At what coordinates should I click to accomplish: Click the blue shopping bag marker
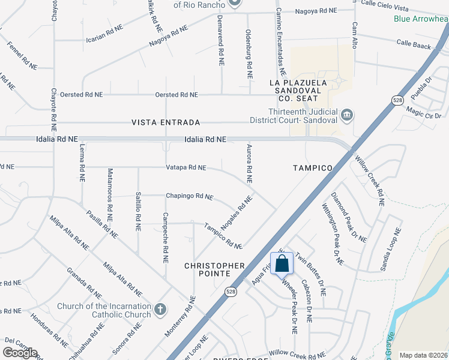point(282,263)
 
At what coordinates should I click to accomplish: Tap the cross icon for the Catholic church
point(160,310)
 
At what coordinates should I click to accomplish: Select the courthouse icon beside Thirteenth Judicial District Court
point(346,115)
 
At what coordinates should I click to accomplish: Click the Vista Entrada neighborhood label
point(166,122)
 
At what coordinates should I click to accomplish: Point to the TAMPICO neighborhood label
point(312,168)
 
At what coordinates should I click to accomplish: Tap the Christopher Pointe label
point(214,269)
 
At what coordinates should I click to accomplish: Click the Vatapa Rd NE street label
point(186,168)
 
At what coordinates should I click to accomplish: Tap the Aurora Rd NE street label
point(248,163)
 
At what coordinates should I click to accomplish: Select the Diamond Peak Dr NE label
point(348,217)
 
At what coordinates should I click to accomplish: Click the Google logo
point(20,352)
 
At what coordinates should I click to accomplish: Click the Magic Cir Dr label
point(424,112)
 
